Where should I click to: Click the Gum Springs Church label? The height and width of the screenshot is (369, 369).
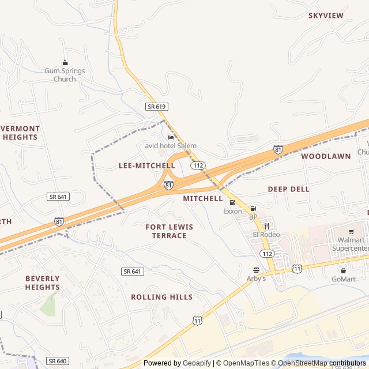[65, 75]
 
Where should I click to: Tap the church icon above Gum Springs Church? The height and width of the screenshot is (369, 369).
[65, 63]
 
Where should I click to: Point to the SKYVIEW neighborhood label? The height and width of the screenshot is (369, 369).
[326, 16]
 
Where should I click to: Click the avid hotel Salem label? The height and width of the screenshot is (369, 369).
[170, 146]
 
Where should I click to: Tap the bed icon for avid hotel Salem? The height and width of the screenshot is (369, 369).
[171, 137]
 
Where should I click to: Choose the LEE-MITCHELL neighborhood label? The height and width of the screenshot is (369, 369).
[146, 165]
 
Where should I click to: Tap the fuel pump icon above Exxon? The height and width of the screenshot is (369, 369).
[232, 202]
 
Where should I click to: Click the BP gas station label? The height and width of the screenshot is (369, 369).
[253, 217]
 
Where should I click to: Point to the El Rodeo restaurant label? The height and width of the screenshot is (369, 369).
[266, 235]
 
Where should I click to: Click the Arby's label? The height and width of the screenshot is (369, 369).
[257, 278]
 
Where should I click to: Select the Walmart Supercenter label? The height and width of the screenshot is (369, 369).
[349, 244]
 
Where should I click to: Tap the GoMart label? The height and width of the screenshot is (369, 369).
[344, 279]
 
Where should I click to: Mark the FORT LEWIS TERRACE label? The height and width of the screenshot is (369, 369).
[169, 231]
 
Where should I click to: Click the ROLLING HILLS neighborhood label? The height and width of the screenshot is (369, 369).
[161, 297]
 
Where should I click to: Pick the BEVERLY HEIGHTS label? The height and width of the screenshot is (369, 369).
[42, 283]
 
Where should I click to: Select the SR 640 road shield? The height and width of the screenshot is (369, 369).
[58, 361]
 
